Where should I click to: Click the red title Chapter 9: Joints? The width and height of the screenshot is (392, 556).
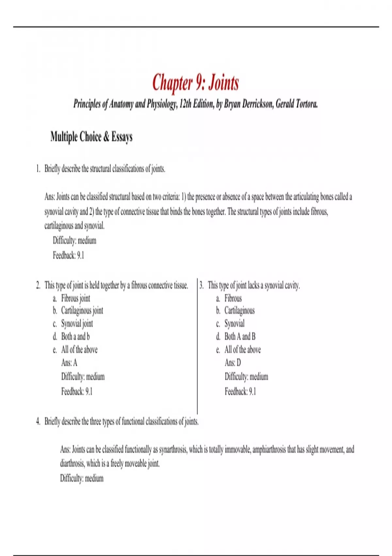click(x=195, y=82)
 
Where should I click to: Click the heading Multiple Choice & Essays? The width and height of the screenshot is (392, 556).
click(x=91, y=137)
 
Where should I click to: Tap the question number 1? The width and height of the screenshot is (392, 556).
click(x=38, y=169)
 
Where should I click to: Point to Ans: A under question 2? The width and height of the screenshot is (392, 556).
click(x=69, y=363)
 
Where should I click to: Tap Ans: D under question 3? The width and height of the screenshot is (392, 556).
click(x=233, y=363)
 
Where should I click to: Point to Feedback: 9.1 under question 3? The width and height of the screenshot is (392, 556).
click(x=240, y=391)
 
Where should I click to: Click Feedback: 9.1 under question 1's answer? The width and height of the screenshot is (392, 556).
click(x=68, y=255)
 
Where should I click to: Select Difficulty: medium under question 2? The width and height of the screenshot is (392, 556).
click(x=83, y=377)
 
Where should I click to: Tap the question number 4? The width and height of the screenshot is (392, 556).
click(x=38, y=422)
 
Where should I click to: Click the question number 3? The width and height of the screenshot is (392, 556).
click(x=202, y=286)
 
